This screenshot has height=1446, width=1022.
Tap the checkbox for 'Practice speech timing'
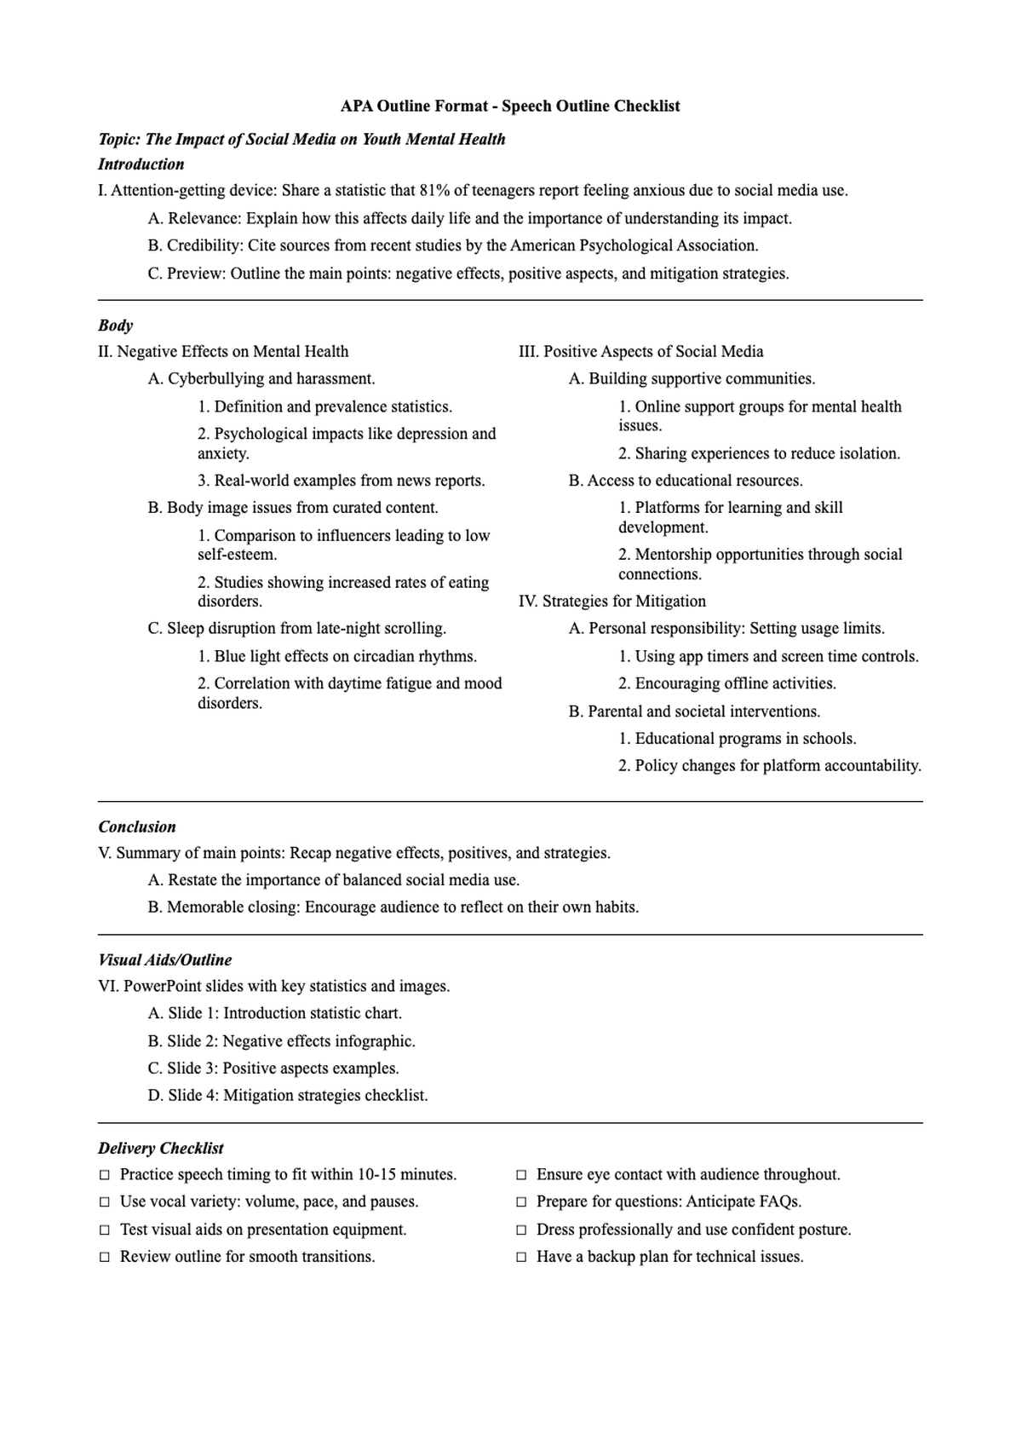(105, 1175)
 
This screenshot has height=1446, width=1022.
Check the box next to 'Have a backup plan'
(521, 1257)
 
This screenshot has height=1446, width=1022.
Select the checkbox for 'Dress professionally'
(521, 1230)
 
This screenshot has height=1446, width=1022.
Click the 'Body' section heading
(116, 325)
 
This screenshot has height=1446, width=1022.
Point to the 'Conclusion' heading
(137, 827)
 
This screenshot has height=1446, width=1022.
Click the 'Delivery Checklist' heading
(161, 1148)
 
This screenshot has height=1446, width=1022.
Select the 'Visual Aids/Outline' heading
(165, 959)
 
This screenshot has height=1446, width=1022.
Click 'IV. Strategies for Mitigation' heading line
(612, 601)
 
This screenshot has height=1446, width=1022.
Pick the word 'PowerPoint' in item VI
(162, 986)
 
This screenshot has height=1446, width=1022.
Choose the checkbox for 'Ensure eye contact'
(521, 1175)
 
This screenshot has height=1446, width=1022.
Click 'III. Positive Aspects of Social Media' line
(641, 351)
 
